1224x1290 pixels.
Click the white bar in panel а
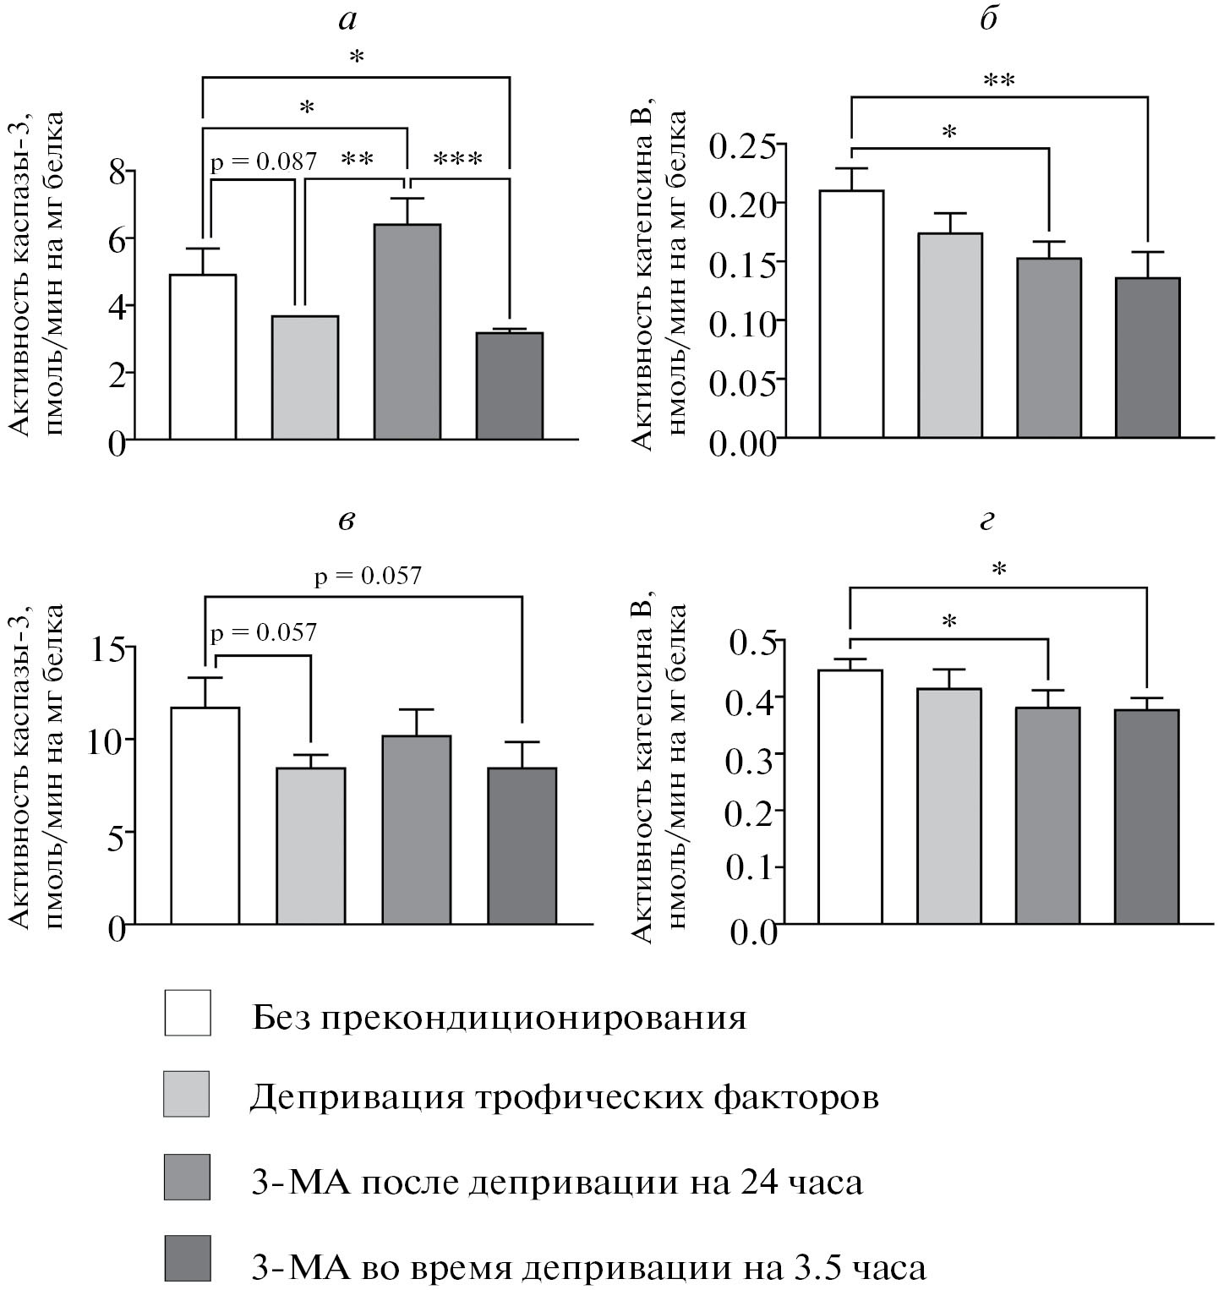click(203, 357)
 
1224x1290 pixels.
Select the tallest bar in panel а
click(407, 331)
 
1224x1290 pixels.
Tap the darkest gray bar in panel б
click(1147, 358)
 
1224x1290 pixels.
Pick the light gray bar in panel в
click(310, 845)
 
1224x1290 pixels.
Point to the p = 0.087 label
click(263, 161)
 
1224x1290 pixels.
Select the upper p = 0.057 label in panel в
click(368, 577)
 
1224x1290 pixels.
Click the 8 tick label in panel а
click(117, 172)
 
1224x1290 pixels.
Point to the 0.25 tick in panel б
click(741, 145)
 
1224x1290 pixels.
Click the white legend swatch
click(187, 1012)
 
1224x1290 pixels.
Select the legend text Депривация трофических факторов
click(565, 1097)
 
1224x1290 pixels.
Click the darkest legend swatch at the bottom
click(187, 1260)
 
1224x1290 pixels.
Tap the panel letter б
click(988, 19)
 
